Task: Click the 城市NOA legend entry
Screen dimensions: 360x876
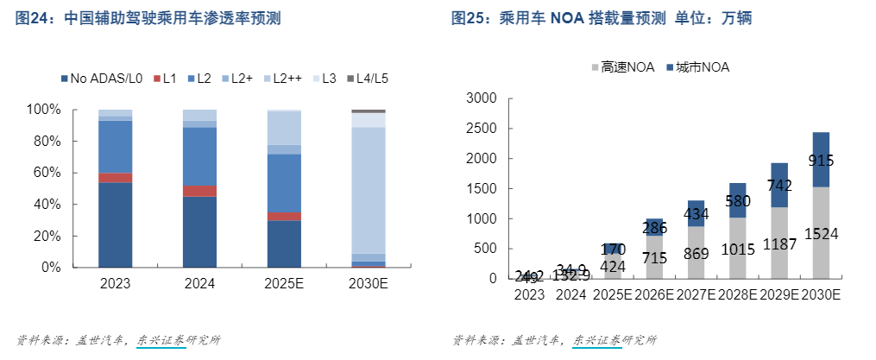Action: [697, 67]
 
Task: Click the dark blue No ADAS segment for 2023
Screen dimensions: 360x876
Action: [115, 224]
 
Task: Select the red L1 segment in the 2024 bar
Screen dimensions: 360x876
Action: [199, 191]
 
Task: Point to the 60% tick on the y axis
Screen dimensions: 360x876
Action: [43, 173]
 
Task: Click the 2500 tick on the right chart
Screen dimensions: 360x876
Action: [480, 129]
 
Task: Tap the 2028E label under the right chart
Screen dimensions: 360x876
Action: [737, 294]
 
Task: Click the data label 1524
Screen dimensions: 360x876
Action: [821, 234]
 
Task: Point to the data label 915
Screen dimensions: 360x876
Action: [821, 160]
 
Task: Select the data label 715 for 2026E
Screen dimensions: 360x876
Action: [653, 258]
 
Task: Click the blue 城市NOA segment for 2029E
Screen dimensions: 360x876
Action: [779, 185]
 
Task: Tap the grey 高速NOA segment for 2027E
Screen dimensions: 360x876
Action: [695, 253]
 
